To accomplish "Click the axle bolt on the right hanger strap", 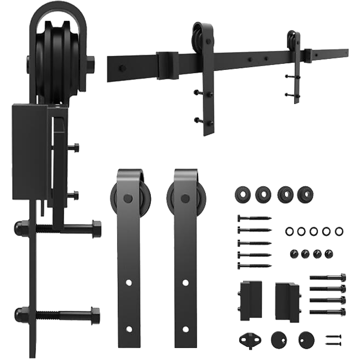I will point(185,198).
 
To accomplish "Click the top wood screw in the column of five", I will point(254,218).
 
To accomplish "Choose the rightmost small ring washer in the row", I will point(338,231).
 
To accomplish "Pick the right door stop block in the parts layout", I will point(287,301).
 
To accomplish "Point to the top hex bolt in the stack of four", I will point(328,277).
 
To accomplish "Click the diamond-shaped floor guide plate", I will point(247,339).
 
